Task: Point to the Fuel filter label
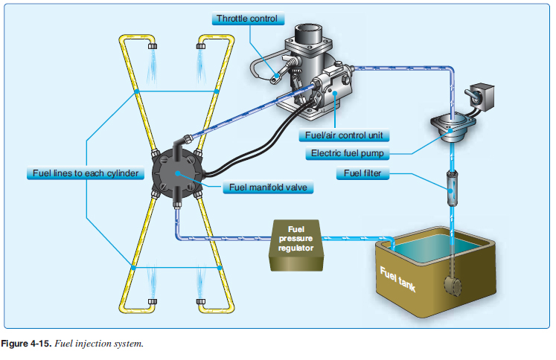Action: [x=362, y=174]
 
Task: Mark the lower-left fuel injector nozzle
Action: [x=153, y=302]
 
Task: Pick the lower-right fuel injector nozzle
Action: [x=201, y=302]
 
